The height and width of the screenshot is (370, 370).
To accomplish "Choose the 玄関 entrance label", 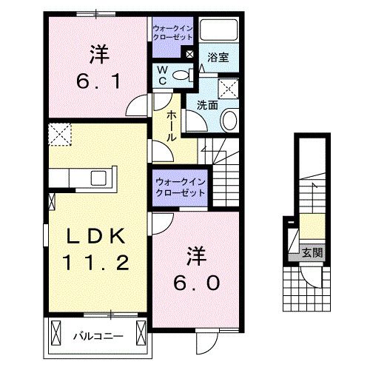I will click(310, 252).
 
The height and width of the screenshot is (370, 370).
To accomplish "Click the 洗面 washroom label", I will click(206, 106).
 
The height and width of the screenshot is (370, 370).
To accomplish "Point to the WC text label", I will click(161, 76).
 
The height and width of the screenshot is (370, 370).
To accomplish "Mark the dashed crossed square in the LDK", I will click(59, 135).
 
